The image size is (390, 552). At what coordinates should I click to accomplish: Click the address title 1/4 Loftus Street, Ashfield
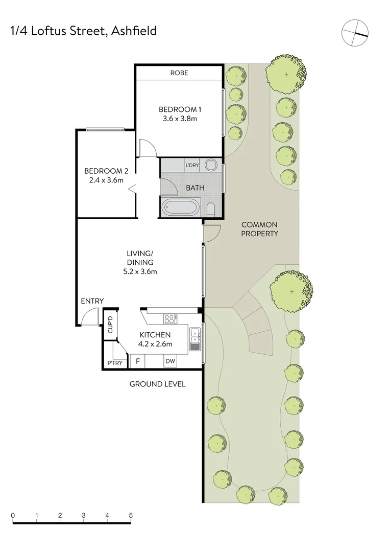click(83, 31)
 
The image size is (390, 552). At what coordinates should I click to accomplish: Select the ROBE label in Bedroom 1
click(179, 73)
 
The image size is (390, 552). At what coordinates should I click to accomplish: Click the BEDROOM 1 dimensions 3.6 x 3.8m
click(178, 119)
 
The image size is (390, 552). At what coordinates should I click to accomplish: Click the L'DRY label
click(192, 165)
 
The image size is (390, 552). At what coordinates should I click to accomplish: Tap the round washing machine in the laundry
click(211, 165)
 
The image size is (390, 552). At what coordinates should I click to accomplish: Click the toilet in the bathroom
click(211, 209)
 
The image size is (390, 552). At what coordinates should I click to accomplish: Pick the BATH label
click(194, 188)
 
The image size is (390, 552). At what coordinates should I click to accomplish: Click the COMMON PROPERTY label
click(259, 229)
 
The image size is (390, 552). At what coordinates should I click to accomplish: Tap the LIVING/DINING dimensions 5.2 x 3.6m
click(139, 271)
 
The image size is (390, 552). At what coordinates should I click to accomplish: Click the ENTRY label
click(92, 301)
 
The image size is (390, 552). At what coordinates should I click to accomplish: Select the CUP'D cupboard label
click(109, 325)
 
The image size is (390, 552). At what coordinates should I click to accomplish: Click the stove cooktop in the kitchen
click(169, 318)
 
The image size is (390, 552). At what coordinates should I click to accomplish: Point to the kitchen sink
click(195, 339)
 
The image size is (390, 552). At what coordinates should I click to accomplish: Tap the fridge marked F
click(137, 361)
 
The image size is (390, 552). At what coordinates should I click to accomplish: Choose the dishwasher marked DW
click(170, 361)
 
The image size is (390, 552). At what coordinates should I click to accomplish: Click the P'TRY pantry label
click(113, 363)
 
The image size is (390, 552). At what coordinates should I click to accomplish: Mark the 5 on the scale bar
click(131, 515)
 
